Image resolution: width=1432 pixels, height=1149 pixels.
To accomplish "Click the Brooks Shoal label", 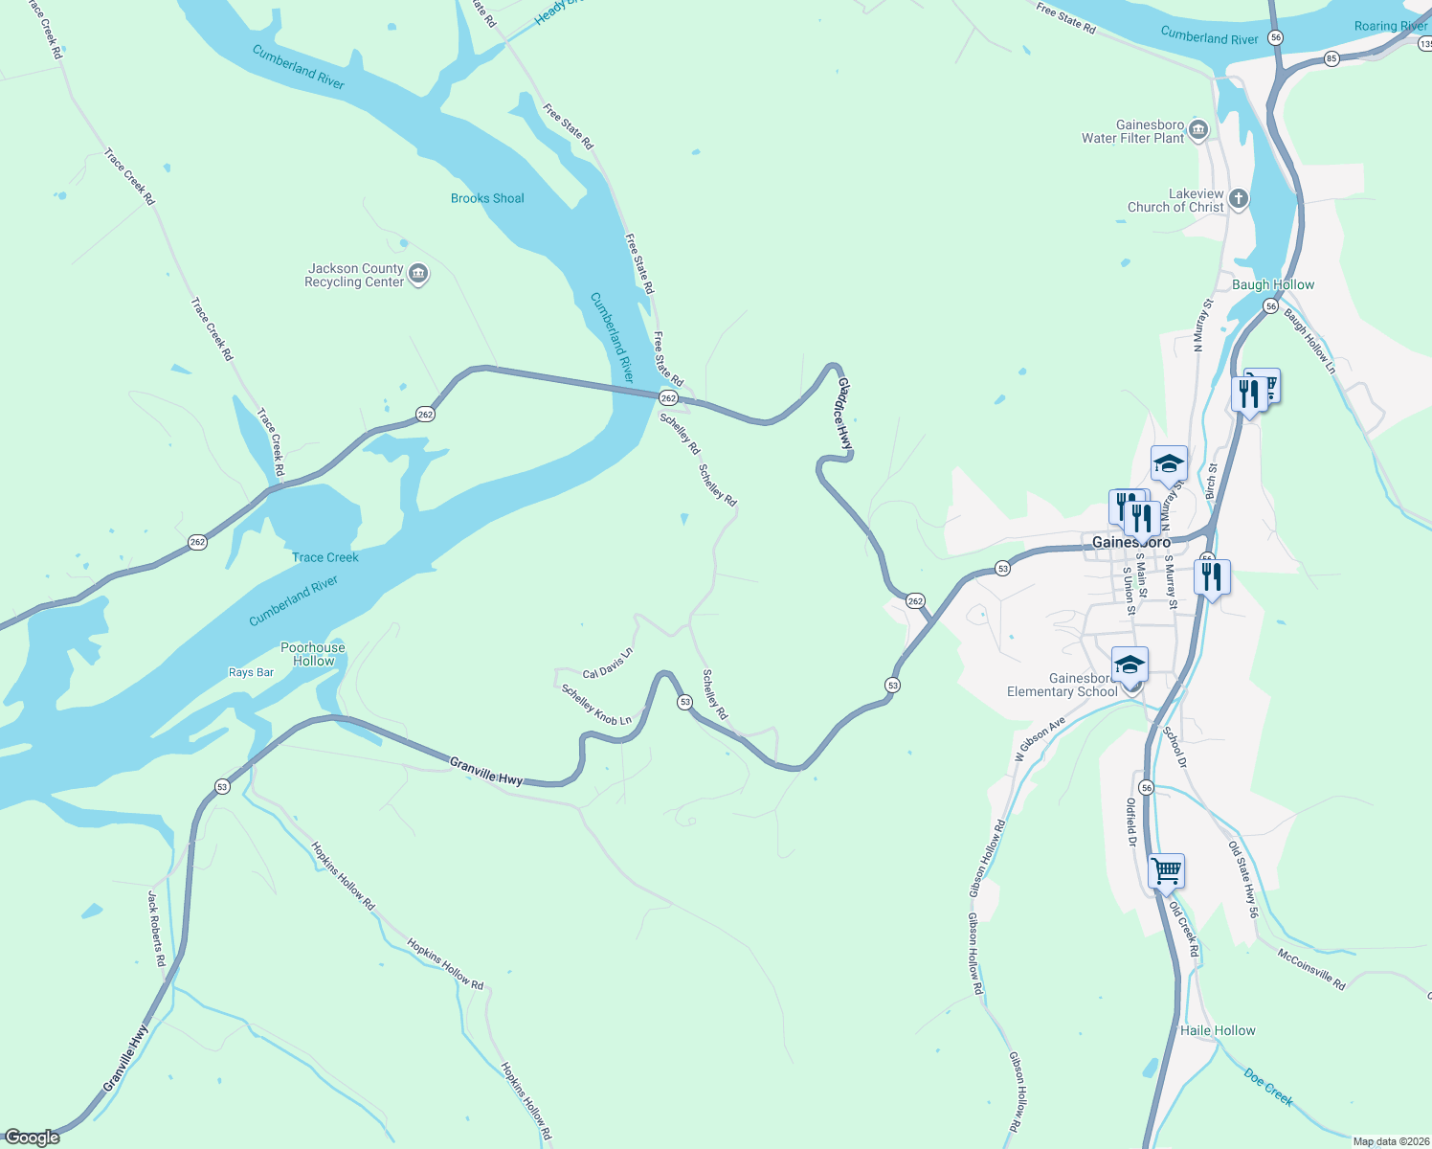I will click(487, 198).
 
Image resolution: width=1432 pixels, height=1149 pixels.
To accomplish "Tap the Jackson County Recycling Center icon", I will click(418, 275).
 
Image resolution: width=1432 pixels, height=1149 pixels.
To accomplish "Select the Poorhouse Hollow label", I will click(313, 654).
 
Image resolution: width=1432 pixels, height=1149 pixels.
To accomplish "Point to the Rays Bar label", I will click(251, 672).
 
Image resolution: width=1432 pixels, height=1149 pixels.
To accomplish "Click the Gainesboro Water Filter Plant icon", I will click(1198, 131).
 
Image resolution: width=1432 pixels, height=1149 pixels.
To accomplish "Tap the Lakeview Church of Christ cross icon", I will click(1239, 199).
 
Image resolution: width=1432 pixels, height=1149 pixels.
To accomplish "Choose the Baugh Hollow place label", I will click(1273, 284).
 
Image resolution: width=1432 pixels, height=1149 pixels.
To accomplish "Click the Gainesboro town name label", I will click(1131, 542).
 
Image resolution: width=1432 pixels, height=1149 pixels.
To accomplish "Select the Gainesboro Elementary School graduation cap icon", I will click(1130, 665).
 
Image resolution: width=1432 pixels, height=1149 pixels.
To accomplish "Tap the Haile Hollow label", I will click(1218, 1030).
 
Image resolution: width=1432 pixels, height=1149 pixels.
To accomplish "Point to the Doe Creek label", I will click(1268, 1088).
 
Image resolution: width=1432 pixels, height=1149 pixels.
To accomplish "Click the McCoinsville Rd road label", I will click(1311, 969).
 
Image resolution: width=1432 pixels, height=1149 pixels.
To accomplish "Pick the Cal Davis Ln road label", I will click(608, 663).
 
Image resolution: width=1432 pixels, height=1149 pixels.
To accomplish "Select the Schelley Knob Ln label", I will click(596, 705).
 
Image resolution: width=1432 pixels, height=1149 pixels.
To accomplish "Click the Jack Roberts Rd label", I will click(157, 928).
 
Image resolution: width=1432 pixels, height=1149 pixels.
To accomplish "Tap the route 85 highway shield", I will click(1331, 59).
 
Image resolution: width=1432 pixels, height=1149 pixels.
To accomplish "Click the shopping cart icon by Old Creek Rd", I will click(1166, 871).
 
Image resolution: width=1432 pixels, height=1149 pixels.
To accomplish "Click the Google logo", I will click(33, 1138).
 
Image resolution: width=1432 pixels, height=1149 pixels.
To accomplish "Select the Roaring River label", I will click(1390, 26).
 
